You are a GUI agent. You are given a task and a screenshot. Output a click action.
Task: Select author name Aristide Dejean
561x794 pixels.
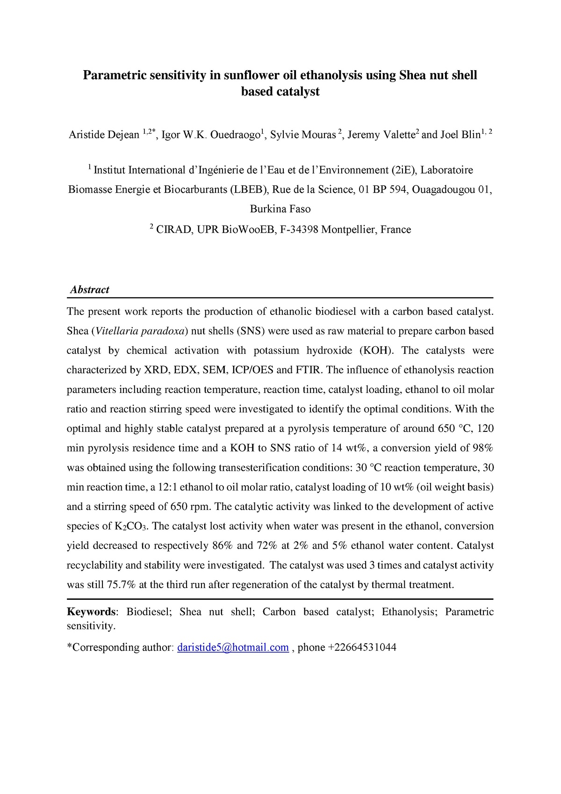click(104, 135)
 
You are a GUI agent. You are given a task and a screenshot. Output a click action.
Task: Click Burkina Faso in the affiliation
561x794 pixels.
click(280, 209)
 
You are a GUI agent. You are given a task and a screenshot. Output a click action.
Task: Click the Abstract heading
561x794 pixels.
click(89, 290)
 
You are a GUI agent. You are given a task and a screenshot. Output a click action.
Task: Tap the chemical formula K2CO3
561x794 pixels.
click(131, 527)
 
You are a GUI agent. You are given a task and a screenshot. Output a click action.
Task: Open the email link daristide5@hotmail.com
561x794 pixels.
click(233, 648)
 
